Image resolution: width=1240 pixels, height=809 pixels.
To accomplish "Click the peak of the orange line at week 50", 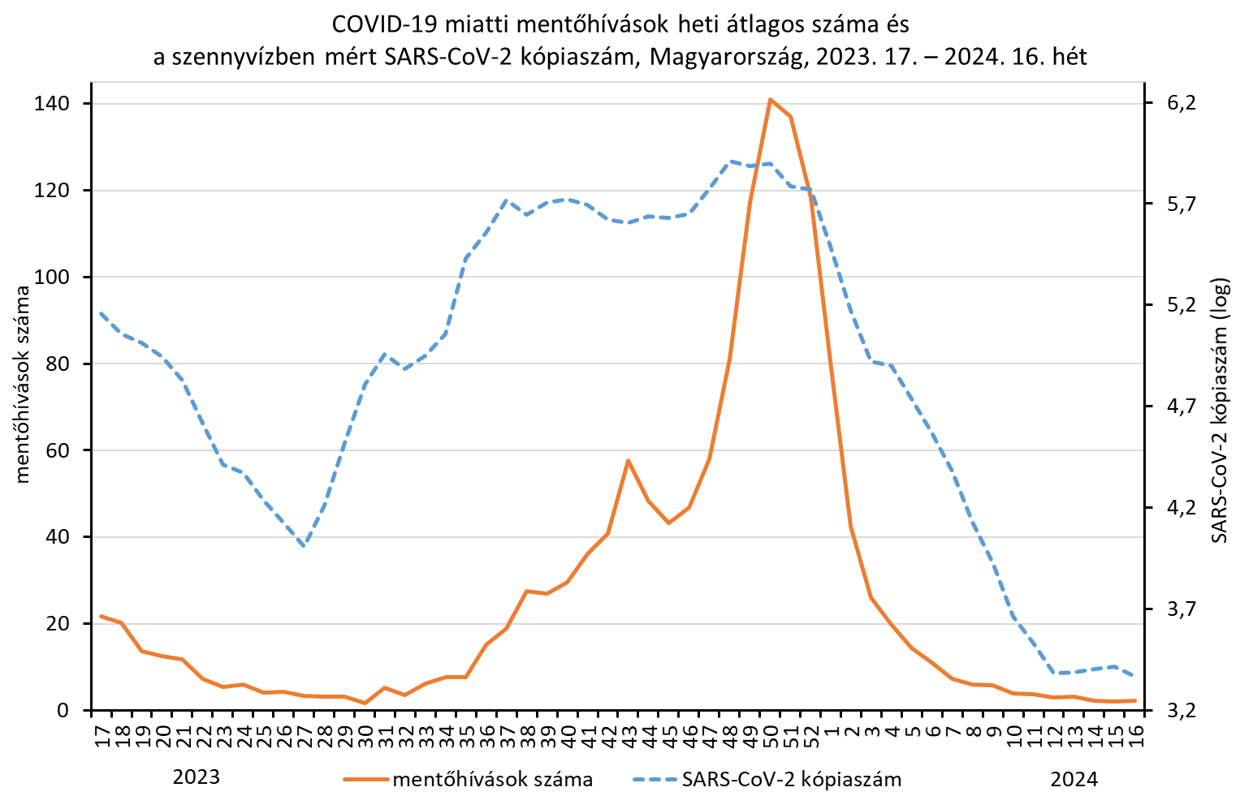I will [x=770, y=99].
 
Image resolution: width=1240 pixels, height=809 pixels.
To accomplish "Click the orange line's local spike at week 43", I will [x=628, y=460].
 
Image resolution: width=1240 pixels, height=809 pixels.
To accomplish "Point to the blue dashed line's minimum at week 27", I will [x=304, y=546].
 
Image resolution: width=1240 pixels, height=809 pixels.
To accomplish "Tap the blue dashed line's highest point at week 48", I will [x=730, y=161].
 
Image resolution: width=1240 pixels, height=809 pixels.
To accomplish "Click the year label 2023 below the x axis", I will [x=197, y=777].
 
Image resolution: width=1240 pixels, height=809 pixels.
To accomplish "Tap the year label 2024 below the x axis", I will [x=1074, y=780].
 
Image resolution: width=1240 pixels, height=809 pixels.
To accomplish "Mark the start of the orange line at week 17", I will [x=101, y=616].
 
